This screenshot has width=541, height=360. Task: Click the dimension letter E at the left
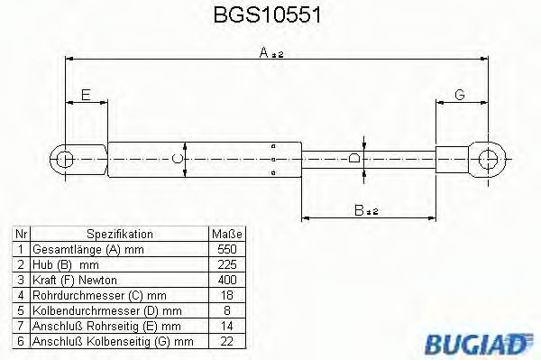85,94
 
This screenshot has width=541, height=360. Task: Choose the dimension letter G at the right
459,94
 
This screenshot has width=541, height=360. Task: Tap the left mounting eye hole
64,160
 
